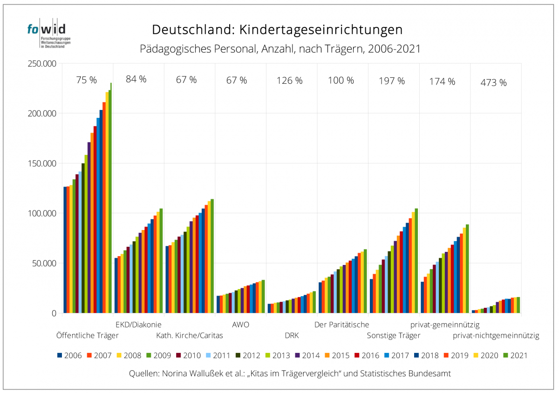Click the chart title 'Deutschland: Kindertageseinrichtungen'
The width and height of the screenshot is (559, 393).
(x=277, y=30)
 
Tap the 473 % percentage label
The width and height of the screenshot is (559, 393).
(x=493, y=83)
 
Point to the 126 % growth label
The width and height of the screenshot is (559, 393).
(x=290, y=81)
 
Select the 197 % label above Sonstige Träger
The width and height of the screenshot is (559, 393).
(x=392, y=81)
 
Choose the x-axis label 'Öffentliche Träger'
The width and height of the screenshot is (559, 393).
(x=87, y=335)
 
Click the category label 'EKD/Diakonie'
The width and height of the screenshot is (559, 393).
(x=138, y=325)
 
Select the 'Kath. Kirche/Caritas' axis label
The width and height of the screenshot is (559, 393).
(x=190, y=335)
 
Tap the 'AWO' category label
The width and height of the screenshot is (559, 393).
(x=240, y=325)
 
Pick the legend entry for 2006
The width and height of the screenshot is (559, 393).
(x=69, y=356)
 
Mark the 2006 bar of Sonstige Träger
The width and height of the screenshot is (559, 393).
(x=371, y=296)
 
